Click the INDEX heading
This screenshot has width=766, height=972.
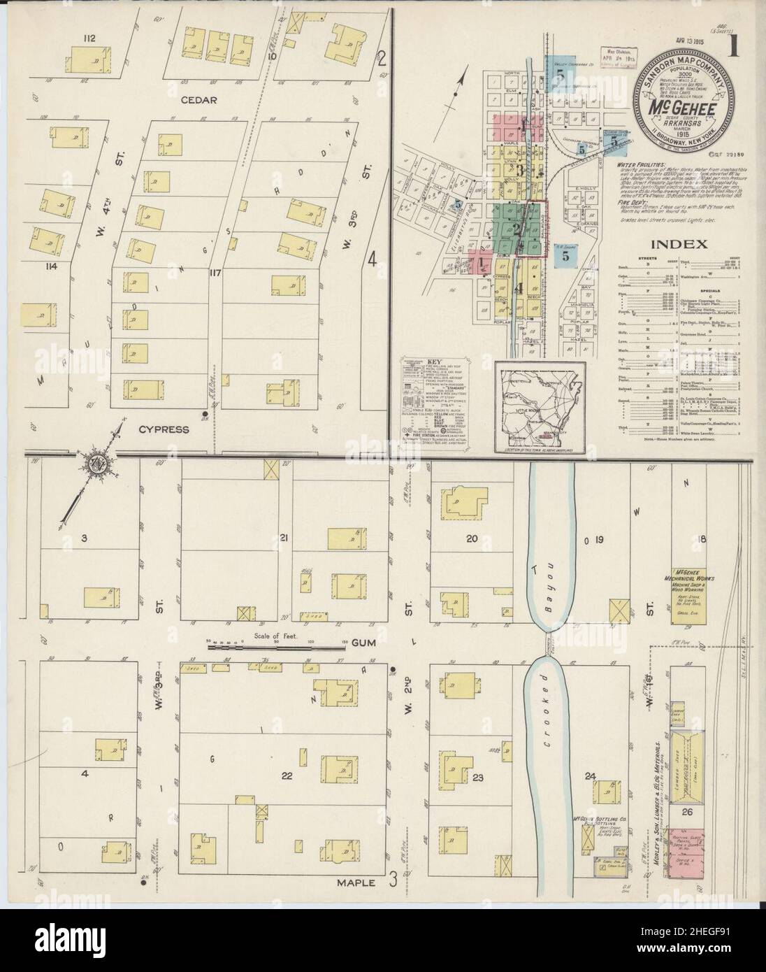pos(679,244)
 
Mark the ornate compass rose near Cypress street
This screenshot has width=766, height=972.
pos(94,464)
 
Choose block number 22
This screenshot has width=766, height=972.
pos(286,776)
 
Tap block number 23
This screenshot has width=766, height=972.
pos(478,777)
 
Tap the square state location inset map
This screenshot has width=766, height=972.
pos(537,407)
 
